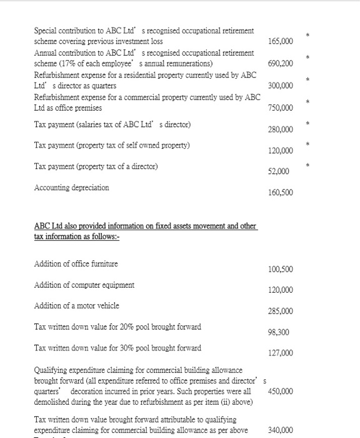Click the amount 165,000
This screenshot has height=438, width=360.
(x=280, y=41)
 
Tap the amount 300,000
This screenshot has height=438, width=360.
(x=280, y=86)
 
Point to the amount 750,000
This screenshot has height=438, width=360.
(x=280, y=108)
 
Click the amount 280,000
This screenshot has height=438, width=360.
(x=280, y=130)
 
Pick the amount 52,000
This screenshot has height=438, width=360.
(x=278, y=171)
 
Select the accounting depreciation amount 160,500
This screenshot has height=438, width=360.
(x=280, y=192)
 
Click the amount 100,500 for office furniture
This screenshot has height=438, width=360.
(x=280, y=270)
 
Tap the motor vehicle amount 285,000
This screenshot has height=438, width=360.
(x=280, y=311)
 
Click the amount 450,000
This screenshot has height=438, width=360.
(x=280, y=391)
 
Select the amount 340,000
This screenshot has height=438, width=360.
(x=280, y=430)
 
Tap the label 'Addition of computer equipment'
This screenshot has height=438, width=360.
(x=84, y=285)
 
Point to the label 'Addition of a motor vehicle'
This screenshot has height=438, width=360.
(x=76, y=305)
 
